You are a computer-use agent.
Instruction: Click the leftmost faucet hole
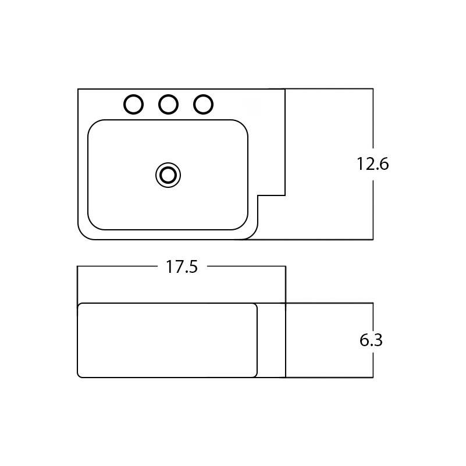pos(134,104)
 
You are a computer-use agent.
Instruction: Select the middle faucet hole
pos(168,104)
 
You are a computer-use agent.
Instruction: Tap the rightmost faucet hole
pos(202,104)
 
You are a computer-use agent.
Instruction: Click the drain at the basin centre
pos(168,175)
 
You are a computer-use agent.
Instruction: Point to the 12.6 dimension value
pos(372,164)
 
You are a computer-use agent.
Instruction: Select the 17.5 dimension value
pos(182,267)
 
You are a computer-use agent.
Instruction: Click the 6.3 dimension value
pos(371,340)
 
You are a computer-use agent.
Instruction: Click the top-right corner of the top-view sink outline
pos(285,89)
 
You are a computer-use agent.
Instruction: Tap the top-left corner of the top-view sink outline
pos(78,89)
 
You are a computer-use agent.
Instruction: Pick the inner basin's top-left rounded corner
pos(92,124)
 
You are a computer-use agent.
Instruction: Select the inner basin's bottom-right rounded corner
pos(244,225)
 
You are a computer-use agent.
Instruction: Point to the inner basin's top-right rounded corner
pos(244,124)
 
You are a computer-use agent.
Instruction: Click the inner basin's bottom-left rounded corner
pos(92,225)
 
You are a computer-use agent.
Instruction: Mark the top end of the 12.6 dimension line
pos(372,89)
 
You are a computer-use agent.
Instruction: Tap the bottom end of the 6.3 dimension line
pos(372,377)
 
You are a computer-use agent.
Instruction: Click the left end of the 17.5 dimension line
pos(78,266)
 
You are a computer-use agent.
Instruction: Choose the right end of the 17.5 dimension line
pos(285,266)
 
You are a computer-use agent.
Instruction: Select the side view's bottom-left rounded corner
pos(80,375)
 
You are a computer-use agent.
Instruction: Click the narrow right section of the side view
pos(271,340)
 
